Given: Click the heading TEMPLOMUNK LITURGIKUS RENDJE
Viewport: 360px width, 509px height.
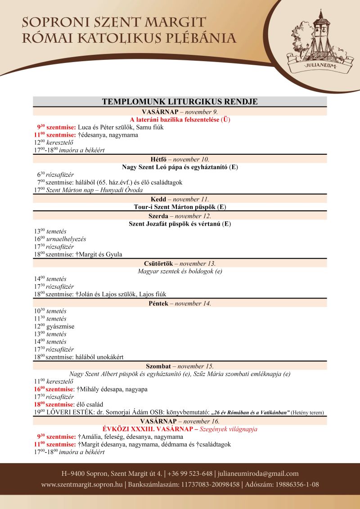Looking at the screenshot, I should pos(180,102).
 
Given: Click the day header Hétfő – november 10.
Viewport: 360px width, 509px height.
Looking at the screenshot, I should pos(180,159).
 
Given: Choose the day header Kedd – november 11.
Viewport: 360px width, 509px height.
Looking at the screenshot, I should pos(180,199).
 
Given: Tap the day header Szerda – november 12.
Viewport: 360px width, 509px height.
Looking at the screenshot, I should pos(180,216).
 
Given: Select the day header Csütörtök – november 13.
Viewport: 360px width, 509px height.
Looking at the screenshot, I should pos(180,263).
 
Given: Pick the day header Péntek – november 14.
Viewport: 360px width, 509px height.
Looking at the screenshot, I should pos(180,304).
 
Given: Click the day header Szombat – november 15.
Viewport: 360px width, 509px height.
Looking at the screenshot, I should pos(180,366).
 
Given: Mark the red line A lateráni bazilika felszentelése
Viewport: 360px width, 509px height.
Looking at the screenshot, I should pos(180,120).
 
